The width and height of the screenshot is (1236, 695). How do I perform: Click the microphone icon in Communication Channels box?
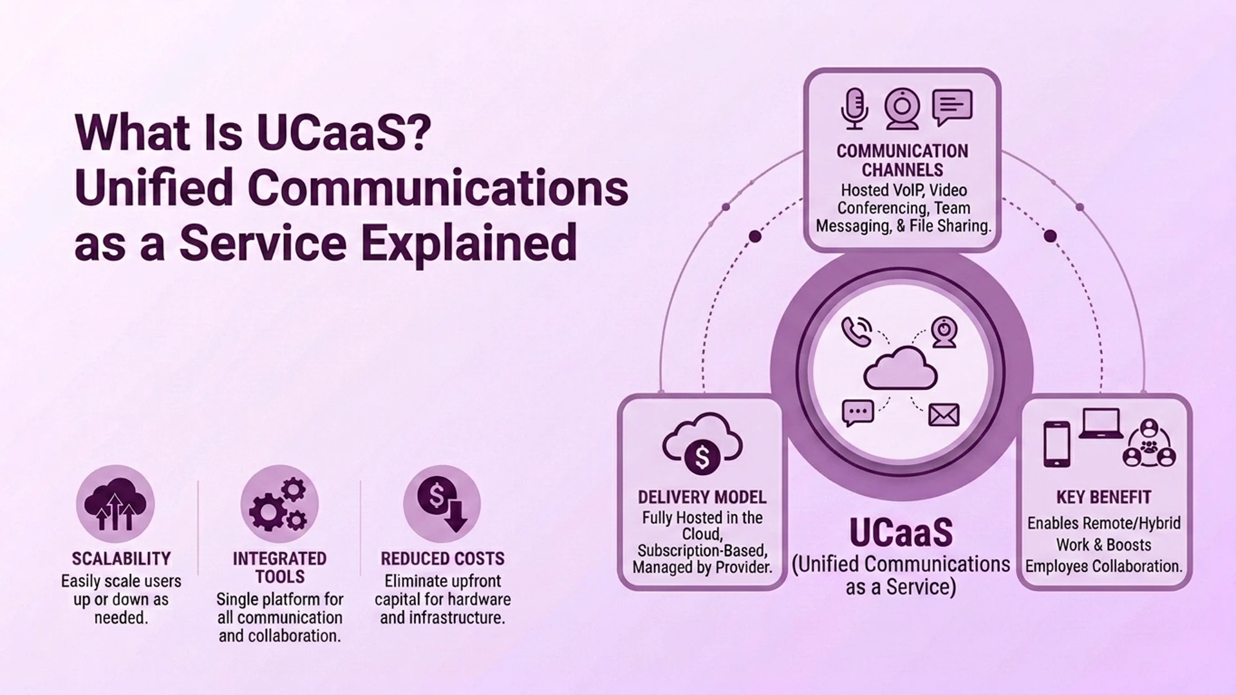tap(854, 109)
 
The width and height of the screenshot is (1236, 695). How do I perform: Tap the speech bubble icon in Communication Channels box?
tap(952, 107)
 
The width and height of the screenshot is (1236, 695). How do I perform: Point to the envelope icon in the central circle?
tap(944, 415)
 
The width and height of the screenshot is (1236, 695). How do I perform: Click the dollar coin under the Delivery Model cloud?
tap(702, 458)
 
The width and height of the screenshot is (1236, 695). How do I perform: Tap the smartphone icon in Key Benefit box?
tap(1056, 444)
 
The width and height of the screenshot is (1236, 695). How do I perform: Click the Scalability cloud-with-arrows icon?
tap(115, 505)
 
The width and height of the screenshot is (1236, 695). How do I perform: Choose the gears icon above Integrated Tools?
tap(279, 505)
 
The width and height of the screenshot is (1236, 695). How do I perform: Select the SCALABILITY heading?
tap(121, 559)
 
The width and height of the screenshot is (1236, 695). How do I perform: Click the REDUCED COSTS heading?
tap(443, 559)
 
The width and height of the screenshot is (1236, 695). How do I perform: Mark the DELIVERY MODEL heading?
tap(702, 497)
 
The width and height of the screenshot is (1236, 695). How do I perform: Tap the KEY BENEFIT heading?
tap(1104, 497)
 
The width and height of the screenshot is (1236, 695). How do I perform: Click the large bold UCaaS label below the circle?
tap(901, 532)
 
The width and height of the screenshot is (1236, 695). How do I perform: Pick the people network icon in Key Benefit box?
tap(1149, 443)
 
